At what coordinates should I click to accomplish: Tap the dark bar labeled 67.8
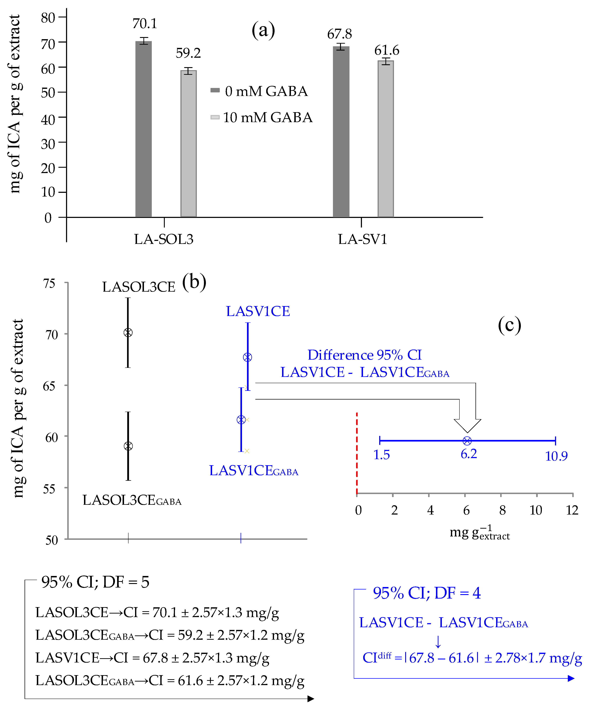pos(341,132)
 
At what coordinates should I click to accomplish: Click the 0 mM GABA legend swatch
pos(215,90)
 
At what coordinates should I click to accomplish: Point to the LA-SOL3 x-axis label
pos(164,239)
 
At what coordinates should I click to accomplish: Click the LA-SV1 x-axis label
pos(362,239)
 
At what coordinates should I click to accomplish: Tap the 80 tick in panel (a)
pos(48,17)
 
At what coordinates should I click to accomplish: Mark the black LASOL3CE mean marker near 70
pos(128,333)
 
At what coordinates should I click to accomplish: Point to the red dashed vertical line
pos(357,453)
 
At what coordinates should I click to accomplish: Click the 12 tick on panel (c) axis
pos(572,510)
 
